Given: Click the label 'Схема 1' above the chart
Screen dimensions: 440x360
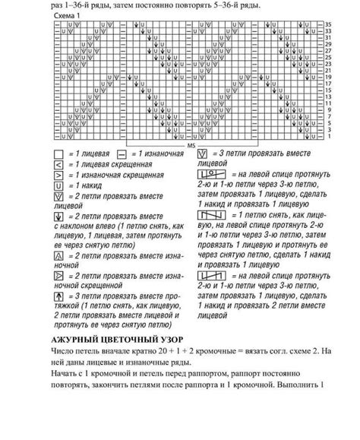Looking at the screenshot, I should [x=69, y=16].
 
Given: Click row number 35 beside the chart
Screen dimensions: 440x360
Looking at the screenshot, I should [x=328, y=25].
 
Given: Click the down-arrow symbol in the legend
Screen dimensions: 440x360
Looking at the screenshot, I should [x=58, y=218].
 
